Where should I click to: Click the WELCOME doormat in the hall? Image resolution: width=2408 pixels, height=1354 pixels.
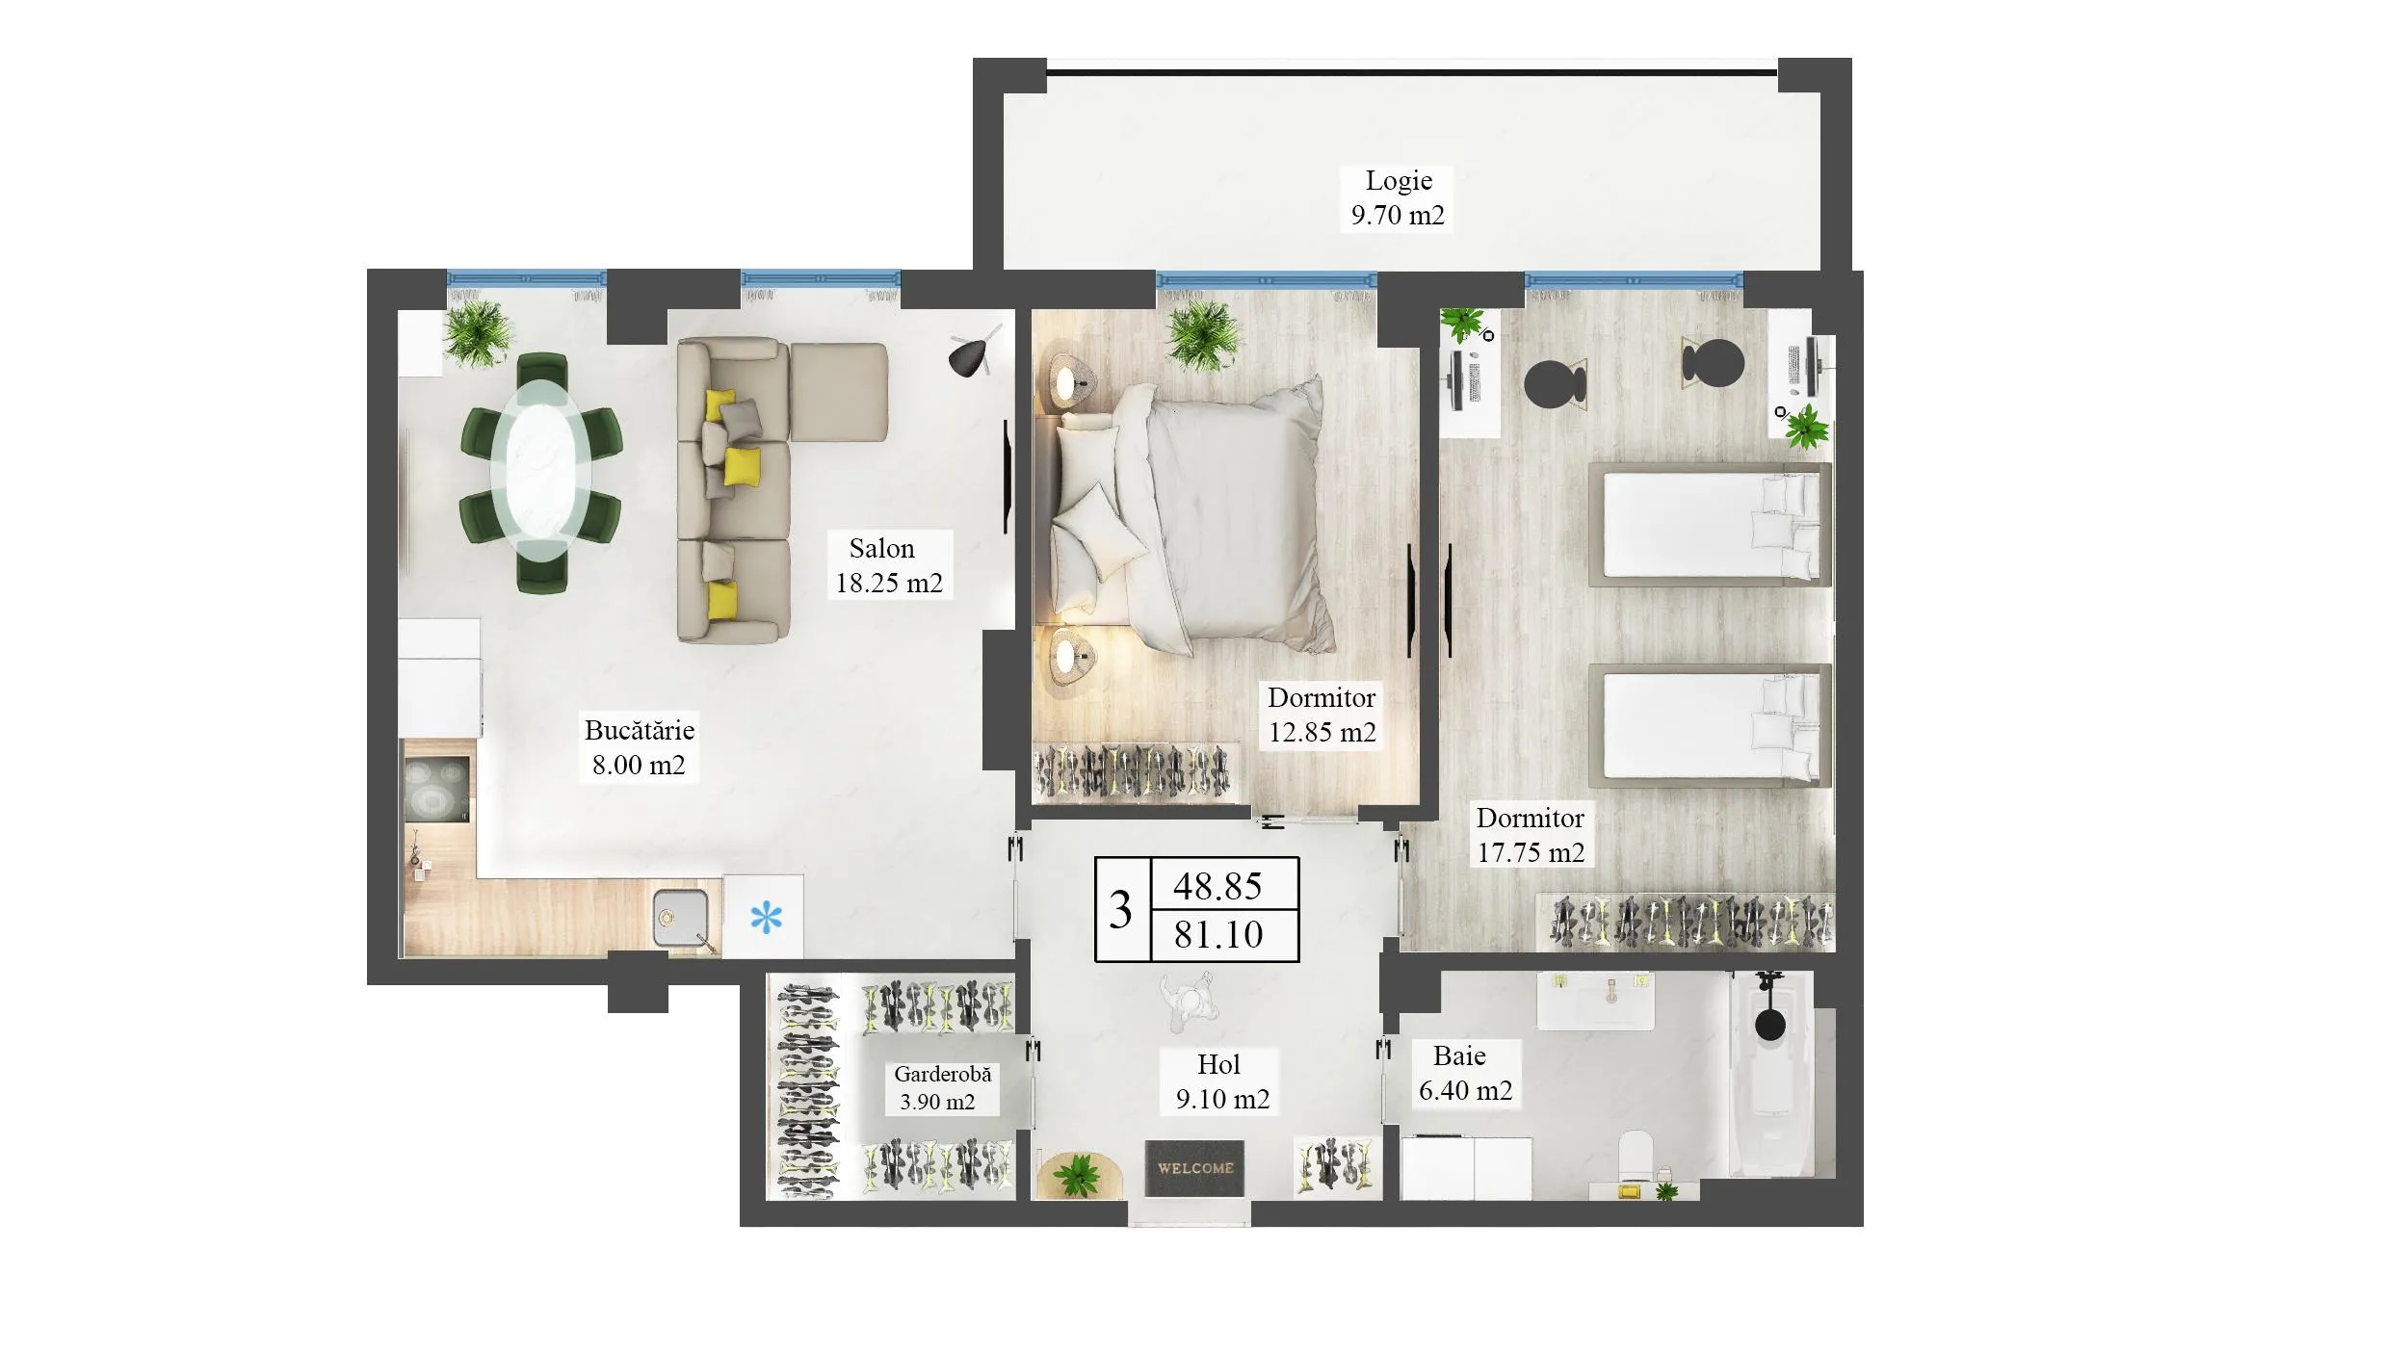(1194, 1168)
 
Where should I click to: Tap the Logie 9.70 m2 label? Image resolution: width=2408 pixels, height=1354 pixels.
(1398, 197)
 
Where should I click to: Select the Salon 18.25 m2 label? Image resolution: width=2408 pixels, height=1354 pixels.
(888, 565)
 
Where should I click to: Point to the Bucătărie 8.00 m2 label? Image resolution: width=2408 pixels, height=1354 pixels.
(639, 747)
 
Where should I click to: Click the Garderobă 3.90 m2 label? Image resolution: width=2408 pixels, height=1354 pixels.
(941, 1088)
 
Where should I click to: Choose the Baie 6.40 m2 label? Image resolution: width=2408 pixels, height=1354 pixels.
(1465, 1073)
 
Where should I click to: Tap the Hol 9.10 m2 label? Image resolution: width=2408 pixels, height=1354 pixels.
(1221, 1081)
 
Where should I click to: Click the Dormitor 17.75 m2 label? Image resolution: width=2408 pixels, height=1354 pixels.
(1531, 835)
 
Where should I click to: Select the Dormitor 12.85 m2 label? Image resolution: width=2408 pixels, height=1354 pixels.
(1322, 715)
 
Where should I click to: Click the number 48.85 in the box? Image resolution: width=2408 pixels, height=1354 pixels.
(1217, 886)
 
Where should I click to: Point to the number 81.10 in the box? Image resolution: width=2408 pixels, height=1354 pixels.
(1218, 934)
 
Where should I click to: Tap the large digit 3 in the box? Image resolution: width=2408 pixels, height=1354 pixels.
(1120, 910)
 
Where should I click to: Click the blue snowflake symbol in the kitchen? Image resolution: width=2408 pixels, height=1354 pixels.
(766, 918)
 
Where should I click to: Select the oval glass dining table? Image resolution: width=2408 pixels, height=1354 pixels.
(541, 472)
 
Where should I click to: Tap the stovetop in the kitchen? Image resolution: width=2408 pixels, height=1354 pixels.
(436, 787)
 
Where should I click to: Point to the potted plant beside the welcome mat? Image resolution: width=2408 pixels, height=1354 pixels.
(1076, 1174)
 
